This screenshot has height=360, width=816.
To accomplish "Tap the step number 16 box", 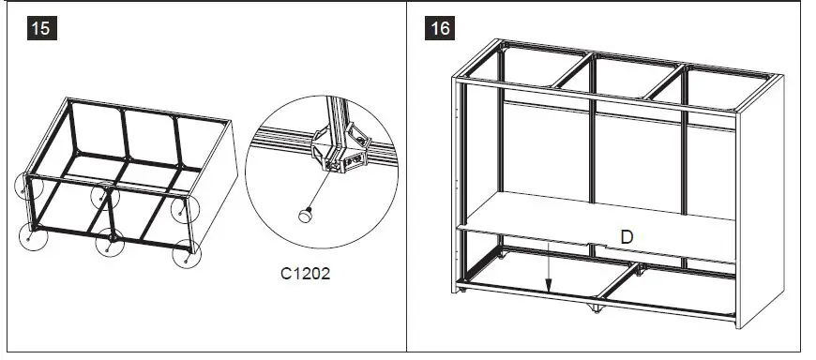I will point(440,28).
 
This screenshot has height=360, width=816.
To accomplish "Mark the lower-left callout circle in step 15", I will point(35,236).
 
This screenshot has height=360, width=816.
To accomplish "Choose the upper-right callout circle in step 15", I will point(186,208).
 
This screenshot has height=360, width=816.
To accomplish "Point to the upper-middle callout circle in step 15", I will point(104,198).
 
